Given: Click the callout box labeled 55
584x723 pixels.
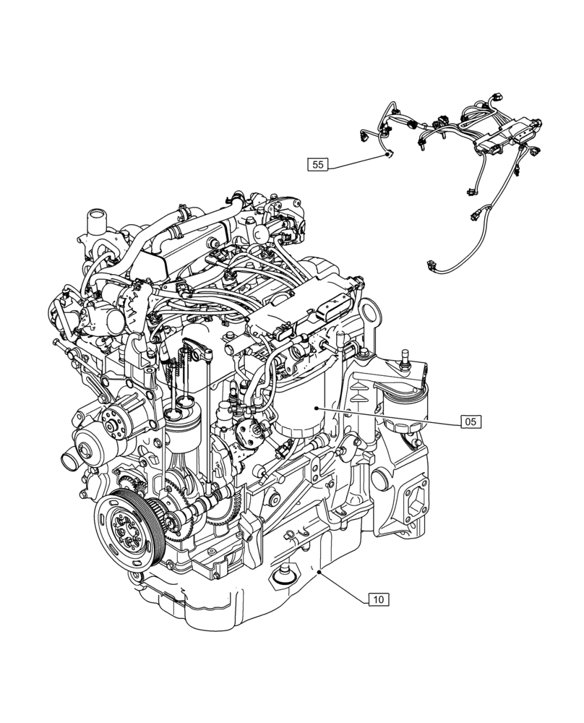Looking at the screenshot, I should point(317,165).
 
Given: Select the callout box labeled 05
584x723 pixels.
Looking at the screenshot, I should point(471,421).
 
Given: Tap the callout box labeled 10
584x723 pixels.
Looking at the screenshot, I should point(379,599).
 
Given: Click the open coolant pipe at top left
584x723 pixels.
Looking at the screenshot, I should point(95,218).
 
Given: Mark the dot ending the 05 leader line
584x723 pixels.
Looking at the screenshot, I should point(315,408).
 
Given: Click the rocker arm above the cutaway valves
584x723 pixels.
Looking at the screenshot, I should point(196,351).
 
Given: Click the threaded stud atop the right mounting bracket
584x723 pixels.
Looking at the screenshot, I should point(405,356).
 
